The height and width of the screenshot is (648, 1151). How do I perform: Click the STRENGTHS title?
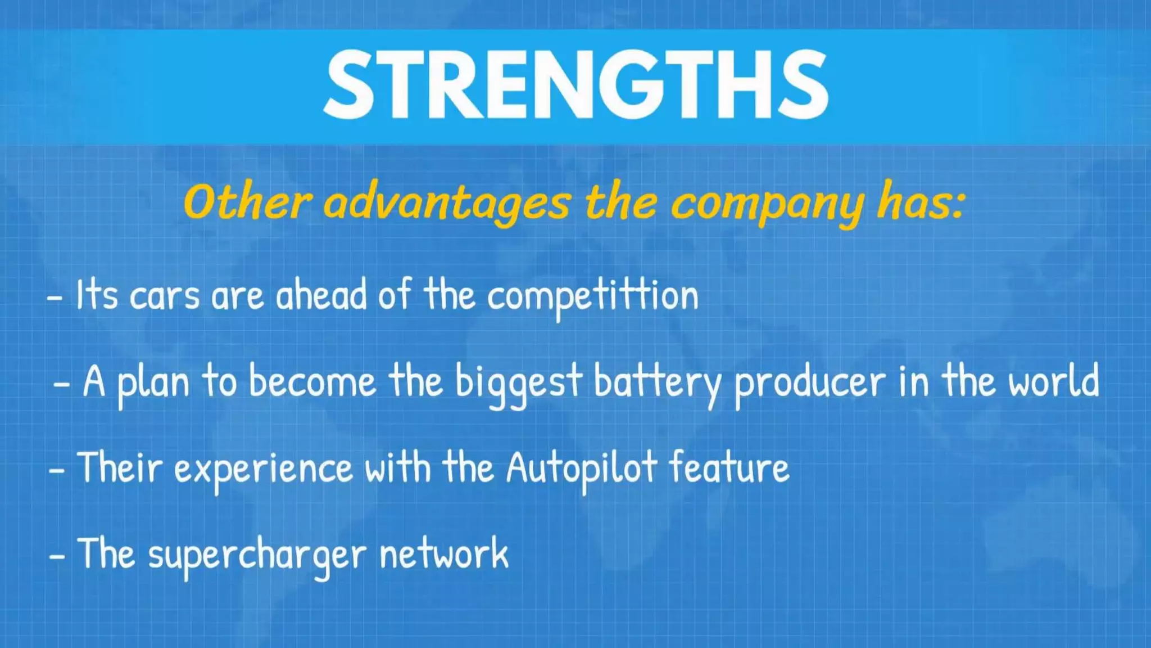(x=575, y=84)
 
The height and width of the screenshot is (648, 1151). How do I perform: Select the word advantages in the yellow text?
(x=447, y=204)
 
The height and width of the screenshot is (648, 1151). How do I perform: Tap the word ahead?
(x=321, y=295)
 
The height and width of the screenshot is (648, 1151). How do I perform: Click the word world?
(x=1053, y=381)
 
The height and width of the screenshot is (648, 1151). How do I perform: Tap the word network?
(x=444, y=555)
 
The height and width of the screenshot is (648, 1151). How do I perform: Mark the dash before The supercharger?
(x=57, y=556)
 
